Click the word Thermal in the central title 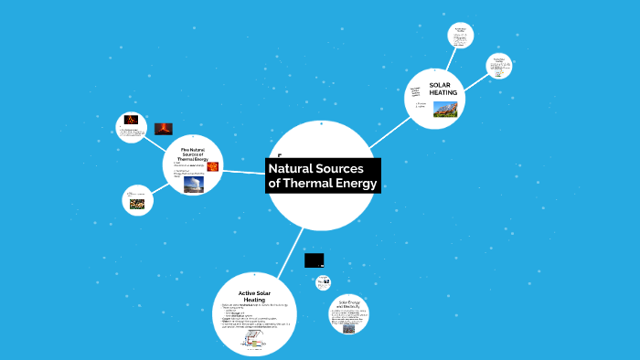tap(315, 185)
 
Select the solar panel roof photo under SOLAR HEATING tap(444, 109)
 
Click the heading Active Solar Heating tap(254, 296)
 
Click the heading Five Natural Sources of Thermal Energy tap(194, 154)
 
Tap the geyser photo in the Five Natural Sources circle tap(194, 184)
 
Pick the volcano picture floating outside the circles tap(164, 129)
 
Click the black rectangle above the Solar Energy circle tap(315, 260)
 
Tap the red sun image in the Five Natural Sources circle tap(213, 165)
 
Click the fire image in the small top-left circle tap(132, 120)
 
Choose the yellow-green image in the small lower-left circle tap(136, 205)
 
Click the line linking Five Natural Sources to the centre tap(245, 172)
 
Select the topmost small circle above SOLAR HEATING tap(461, 36)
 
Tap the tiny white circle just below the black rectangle tap(323, 282)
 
